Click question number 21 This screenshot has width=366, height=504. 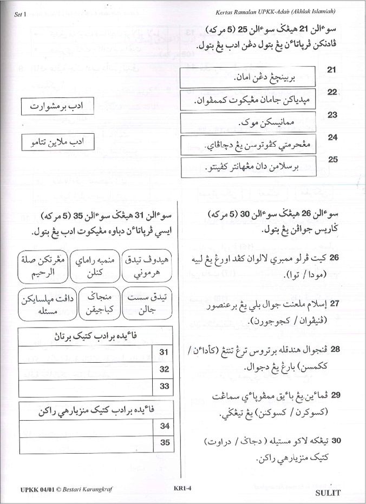tap(332, 70)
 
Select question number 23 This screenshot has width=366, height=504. tap(332, 115)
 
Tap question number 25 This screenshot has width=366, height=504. tap(333, 159)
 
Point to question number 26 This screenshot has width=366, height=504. tap(334, 257)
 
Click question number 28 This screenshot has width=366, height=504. tap(334, 350)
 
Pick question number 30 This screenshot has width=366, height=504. tap(334, 441)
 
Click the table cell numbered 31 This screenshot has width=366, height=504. tap(164, 352)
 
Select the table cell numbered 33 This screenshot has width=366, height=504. tap(164, 387)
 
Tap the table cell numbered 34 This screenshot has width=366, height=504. tap(165, 426)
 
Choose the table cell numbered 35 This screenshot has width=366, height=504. tap(165, 442)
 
